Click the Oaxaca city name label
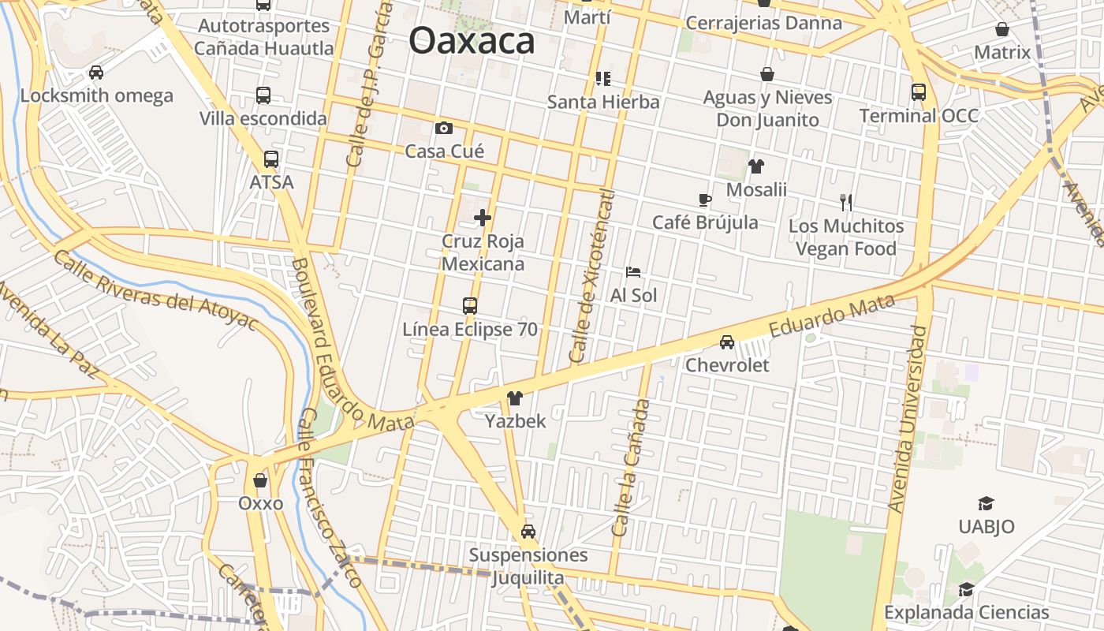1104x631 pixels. pyautogui.click(x=472, y=41)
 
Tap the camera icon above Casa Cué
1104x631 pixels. pyautogui.click(x=444, y=128)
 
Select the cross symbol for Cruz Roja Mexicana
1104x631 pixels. pyautogui.click(x=483, y=218)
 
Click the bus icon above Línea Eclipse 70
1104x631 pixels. pyautogui.click(x=470, y=305)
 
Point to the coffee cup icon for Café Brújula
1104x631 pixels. pyautogui.click(x=704, y=200)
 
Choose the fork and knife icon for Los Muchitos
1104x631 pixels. pyautogui.click(x=846, y=203)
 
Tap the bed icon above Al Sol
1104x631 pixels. pyautogui.click(x=633, y=272)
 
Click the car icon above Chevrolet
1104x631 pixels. pyautogui.click(x=727, y=342)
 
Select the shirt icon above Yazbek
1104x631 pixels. pyautogui.click(x=515, y=398)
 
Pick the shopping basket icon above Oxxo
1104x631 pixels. pyautogui.click(x=260, y=480)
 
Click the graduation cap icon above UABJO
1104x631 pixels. pyautogui.click(x=986, y=503)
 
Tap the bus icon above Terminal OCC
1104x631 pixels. pyautogui.click(x=919, y=92)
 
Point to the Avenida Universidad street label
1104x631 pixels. pyautogui.click(x=908, y=419)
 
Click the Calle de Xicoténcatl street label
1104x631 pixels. pyautogui.click(x=592, y=276)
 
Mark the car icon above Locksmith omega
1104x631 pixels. pyautogui.click(x=96, y=73)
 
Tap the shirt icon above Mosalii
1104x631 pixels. pyautogui.click(x=756, y=166)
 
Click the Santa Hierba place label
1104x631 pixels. pyautogui.click(x=603, y=102)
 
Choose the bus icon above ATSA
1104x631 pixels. pyautogui.click(x=271, y=159)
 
